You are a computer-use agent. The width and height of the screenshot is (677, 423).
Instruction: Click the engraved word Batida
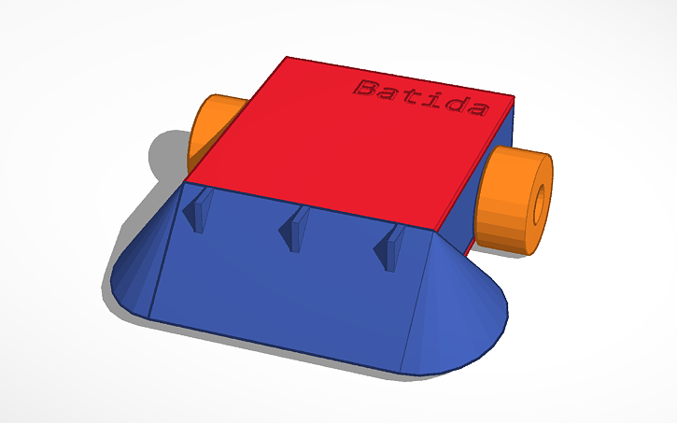coord(421,97)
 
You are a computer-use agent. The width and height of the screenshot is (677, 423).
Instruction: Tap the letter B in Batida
coord(365,90)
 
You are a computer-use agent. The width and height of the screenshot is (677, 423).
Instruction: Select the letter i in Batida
coord(432,98)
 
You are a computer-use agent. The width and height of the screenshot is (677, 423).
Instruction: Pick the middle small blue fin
coord(297,228)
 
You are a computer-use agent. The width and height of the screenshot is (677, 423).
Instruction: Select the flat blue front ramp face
coord(280,289)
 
